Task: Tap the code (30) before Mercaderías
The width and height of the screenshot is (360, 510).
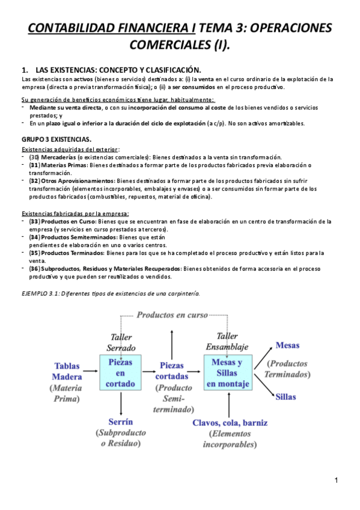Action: pos(34,157)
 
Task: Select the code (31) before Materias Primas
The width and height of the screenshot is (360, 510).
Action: pos(34,165)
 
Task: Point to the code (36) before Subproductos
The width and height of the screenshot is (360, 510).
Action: pos(34,269)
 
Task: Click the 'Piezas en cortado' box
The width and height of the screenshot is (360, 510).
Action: pos(121,373)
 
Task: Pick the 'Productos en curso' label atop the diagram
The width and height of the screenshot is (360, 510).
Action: pos(171,315)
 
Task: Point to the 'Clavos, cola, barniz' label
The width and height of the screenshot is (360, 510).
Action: pos(230,422)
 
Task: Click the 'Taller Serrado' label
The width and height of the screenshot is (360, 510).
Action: pos(121,342)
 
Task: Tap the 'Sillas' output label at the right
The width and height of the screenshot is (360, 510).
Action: pos(285,397)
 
